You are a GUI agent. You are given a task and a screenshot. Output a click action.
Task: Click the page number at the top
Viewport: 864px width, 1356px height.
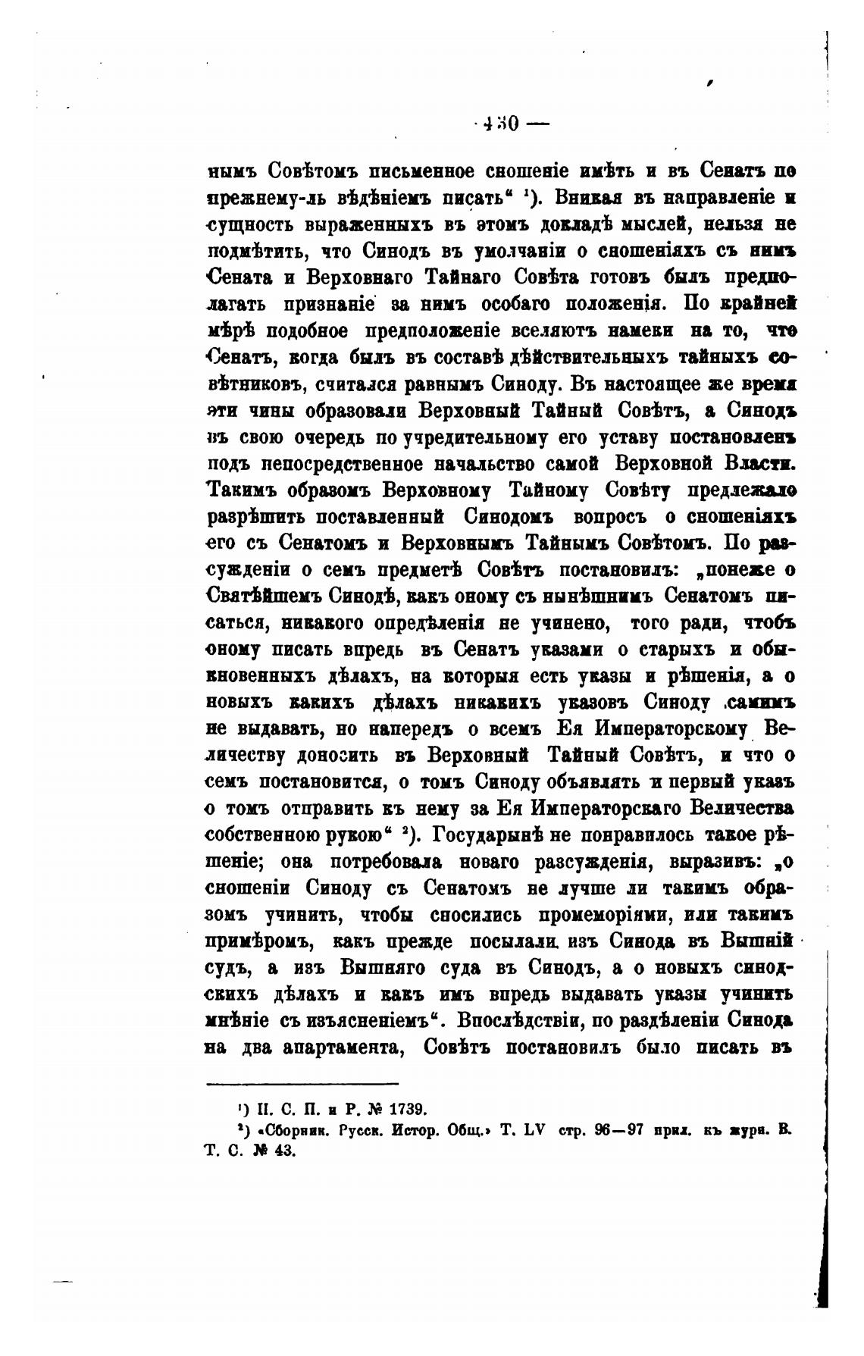[x=500, y=124]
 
